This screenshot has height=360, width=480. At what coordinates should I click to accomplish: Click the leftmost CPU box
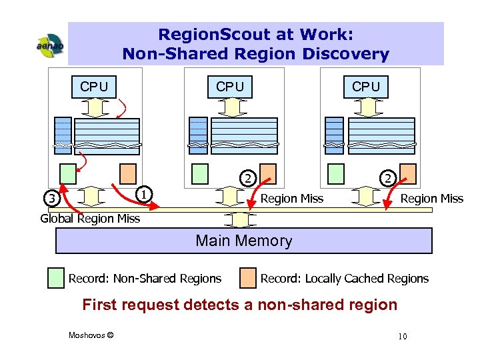[94, 87]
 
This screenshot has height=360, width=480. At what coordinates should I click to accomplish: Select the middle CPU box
[230, 87]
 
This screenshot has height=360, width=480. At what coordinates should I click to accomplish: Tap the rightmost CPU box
[366, 87]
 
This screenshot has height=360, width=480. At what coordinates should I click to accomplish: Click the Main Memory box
[243, 241]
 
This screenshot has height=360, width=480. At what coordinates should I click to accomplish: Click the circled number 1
[142, 193]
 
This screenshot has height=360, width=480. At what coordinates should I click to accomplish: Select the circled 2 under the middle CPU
[247, 178]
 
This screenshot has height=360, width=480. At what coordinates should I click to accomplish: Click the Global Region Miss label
[90, 218]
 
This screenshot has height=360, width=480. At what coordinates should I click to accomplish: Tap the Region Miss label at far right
[431, 199]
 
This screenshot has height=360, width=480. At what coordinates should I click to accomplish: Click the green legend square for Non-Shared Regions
[57, 278]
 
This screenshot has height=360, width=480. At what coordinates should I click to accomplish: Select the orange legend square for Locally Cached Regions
[248, 278]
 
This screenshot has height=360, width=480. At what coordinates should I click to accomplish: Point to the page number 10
[402, 336]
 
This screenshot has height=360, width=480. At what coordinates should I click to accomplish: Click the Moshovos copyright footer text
[91, 335]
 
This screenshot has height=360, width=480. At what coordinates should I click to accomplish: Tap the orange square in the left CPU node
[128, 173]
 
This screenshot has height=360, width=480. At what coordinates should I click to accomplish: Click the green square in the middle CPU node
[200, 173]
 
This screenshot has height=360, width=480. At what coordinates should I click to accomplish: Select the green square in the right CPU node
[336, 173]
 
